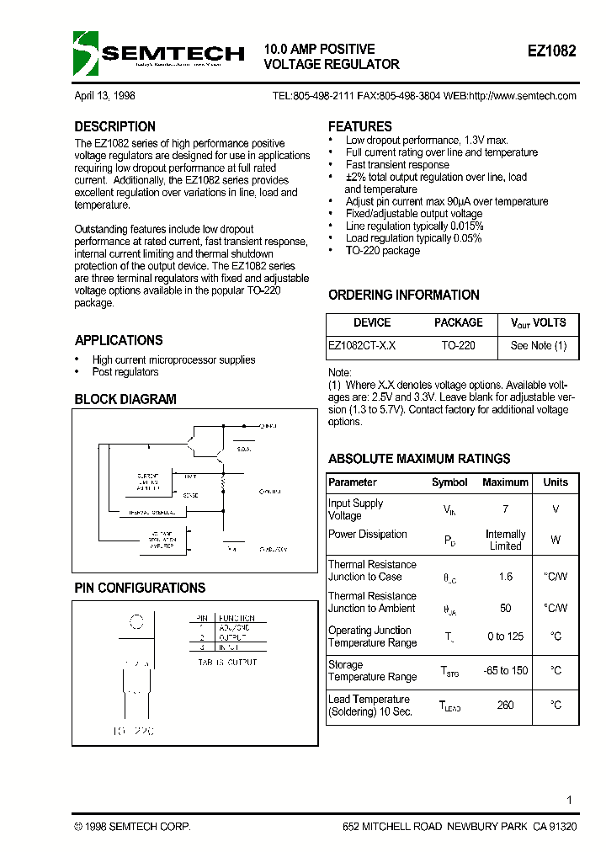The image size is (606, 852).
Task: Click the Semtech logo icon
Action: click(86, 53)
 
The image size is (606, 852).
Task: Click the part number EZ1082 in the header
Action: click(551, 51)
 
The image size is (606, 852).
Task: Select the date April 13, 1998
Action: click(104, 96)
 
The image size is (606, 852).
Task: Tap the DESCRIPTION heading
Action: click(115, 126)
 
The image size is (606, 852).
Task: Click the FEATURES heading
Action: click(359, 126)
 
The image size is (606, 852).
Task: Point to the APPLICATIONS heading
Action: click(119, 340)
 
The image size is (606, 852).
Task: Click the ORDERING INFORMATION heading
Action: click(403, 295)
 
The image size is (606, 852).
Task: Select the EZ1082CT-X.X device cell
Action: click(362, 345)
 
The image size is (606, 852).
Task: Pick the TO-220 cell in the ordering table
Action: click(458, 345)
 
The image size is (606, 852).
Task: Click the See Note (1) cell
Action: click(538, 345)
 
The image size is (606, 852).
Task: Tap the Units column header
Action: click(555, 482)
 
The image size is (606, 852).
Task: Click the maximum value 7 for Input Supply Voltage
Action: click(505, 509)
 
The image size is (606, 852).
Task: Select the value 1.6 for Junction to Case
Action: click(505, 577)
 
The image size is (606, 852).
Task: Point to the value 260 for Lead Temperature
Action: click(505, 705)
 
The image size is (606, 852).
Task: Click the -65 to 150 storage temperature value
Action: click(505, 670)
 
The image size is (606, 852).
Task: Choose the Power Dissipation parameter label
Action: click(367, 534)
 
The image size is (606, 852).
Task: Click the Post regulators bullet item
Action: click(125, 371)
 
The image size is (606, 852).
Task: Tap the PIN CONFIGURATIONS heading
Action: click(140, 588)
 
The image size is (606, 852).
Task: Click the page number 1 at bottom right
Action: click(570, 800)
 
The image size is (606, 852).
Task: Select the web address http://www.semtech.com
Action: click(522, 96)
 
